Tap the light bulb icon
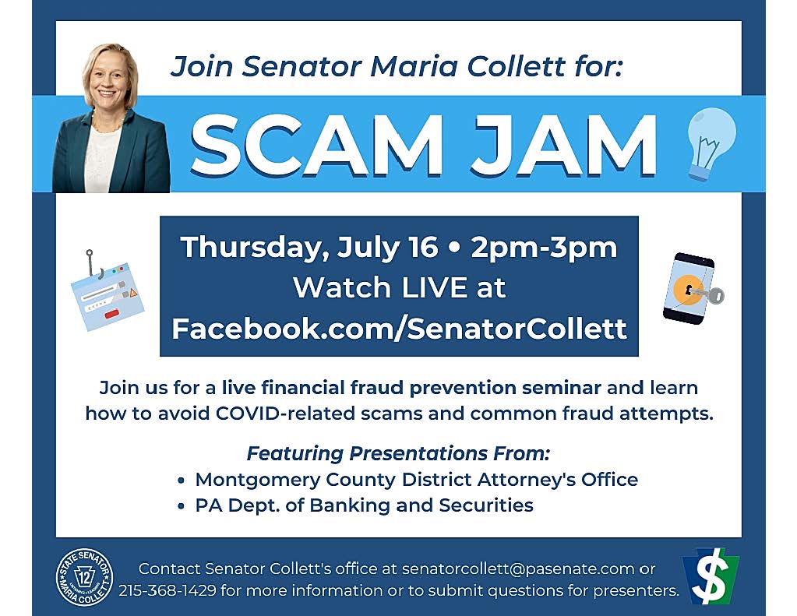click(x=711, y=143)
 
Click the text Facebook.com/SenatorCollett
click(x=399, y=328)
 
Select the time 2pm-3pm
click(x=544, y=247)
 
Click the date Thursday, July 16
click(x=309, y=247)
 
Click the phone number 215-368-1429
click(x=168, y=590)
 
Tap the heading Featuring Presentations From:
click(x=398, y=453)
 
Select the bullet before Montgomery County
click(x=182, y=480)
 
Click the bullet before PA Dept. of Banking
click(x=182, y=506)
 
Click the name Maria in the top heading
click(x=412, y=66)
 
